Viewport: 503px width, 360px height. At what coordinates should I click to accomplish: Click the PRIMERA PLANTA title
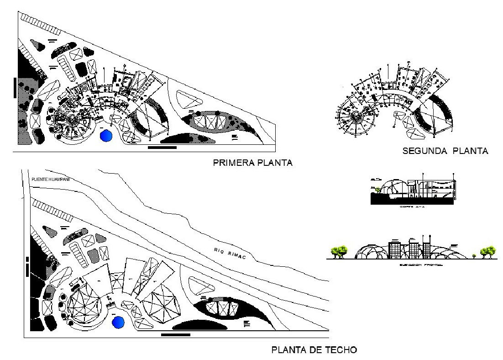[x=252, y=163]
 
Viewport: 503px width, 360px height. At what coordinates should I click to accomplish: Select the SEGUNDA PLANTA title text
[x=445, y=151]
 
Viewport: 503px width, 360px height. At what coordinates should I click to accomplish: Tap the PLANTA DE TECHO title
[x=314, y=350]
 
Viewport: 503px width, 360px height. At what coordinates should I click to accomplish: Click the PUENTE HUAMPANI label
[x=50, y=179]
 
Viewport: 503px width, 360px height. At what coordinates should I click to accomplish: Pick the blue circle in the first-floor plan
[x=106, y=136]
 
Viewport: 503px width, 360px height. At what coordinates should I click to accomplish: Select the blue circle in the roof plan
[x=118, y=322]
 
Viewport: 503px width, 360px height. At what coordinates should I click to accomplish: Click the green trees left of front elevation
[x=339, y=251]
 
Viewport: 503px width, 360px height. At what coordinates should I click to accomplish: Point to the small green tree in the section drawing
[x=378, y=189]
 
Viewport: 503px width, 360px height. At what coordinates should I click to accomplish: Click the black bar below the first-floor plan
[x=162, y=148]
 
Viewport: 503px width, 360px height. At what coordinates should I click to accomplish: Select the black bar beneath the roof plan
[x=176, y=335]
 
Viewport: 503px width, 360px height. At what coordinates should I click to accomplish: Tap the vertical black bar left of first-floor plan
[x=15, y=87]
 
